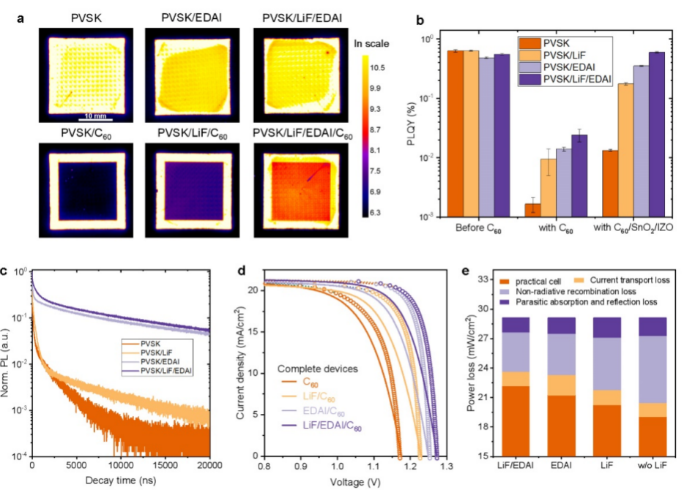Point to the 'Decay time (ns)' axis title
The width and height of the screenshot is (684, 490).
(121, 479)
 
